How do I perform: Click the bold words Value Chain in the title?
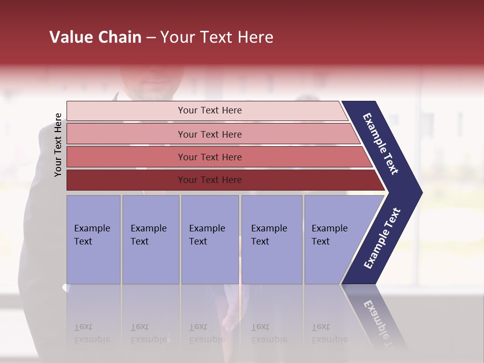point(95,37)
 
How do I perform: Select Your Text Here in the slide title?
point(217,37)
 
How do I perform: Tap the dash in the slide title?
point(151,37)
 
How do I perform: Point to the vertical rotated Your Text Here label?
point(58,145)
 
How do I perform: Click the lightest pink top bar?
point(209,110)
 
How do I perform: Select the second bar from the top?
point(209,134)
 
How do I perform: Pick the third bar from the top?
point(209,157)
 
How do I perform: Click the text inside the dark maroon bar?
point(209,180)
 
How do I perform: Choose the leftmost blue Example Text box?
point(93,239)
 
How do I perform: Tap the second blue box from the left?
point(150,239)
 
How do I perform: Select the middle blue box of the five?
point(209,239)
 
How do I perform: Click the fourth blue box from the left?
point(271,239)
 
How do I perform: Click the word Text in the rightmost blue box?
point(321,241)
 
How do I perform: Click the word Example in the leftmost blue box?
point(92,228)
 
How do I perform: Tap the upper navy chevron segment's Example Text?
point(381,144)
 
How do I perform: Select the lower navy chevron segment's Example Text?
point(382,238)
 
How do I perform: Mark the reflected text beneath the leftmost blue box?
point(92,333)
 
